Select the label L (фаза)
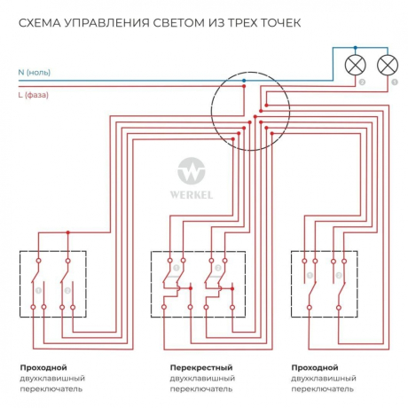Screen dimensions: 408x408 (35, 94)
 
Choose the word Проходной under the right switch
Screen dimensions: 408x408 (314, 366)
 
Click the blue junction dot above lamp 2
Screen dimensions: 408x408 (357, 48)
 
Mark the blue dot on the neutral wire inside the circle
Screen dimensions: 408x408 (244, 79)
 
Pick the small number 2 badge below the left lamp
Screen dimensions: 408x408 (362, 82)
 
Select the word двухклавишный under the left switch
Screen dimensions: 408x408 (51, 378)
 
